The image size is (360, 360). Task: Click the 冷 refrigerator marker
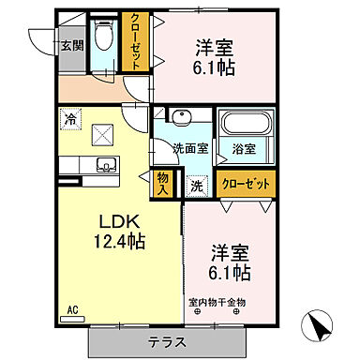click(71, 119)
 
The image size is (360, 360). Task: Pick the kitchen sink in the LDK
click(104, 167)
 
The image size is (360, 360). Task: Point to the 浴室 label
click(244, 148)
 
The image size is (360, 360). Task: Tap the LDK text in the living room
click(119, 221)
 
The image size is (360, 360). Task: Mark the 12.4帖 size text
click(119, 241)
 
